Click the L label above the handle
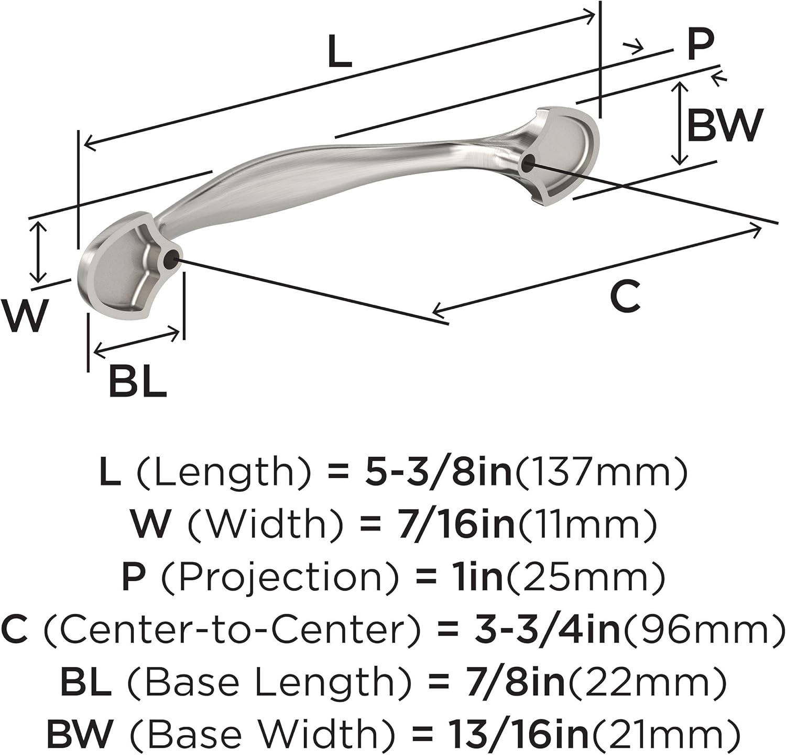pos(340,52)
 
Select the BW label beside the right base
pos(724,125)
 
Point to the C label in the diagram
pos(625,297)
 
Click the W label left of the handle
pos(24,315)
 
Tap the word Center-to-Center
pos(232,629)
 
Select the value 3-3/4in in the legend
pos(547,629)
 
